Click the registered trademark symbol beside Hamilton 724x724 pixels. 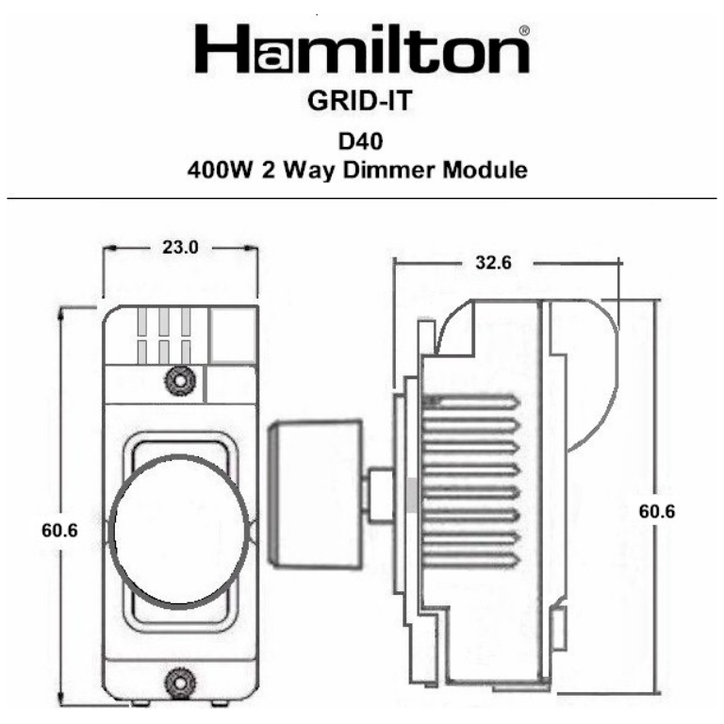(x=524, y=30)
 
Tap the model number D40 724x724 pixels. (x=361, y=142)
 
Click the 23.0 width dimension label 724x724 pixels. (x=180, y=248)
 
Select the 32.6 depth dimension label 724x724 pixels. (x=492, y=263)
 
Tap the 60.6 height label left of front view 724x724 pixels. (x=59, y=530)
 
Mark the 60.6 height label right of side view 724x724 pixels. (x=657, y=512)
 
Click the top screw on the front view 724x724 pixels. (x=178, y=380)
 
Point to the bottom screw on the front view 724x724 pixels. (x=178, y=680)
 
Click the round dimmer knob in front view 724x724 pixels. (x=178, y=528)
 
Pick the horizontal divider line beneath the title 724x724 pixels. (x=361, y=199)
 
